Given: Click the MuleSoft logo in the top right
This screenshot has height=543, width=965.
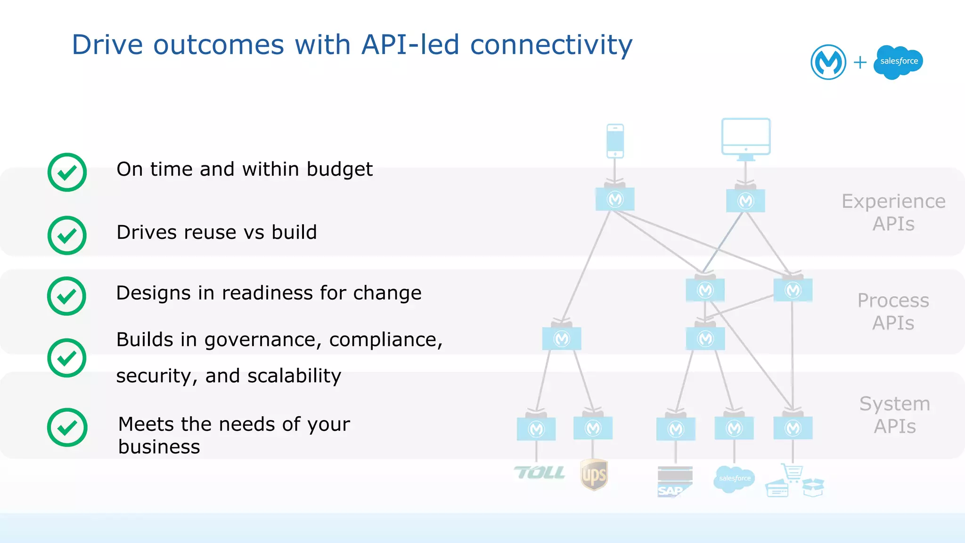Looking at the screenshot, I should tap(828, 62).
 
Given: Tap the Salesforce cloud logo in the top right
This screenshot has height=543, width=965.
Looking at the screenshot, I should tap(898, 62).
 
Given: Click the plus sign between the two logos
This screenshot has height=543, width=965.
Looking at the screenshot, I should tap(860, 62).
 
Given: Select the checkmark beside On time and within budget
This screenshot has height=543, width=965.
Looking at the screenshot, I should tap(67, 172).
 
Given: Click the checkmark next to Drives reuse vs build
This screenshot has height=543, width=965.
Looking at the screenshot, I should tap(67, 235).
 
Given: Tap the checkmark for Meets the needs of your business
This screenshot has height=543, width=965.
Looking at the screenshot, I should tap(67, 427).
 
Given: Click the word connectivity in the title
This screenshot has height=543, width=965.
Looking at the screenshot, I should tap(551, 45).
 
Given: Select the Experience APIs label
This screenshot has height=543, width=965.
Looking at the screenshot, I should tap(893, 212).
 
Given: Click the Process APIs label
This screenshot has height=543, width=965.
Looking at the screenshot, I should tap(893, 311).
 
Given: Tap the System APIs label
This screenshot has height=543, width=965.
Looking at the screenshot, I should tap(894, 414).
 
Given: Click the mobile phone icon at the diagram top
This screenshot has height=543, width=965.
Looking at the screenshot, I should tap(615, 141).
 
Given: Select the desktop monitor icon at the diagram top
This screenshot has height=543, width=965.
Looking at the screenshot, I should tap(746, 138).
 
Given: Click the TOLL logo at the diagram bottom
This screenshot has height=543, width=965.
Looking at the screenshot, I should tap(540, 472).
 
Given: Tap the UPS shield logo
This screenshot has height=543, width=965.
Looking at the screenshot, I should tap(594, 475).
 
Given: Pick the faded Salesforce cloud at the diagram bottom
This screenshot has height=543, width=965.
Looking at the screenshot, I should tap(734, 478).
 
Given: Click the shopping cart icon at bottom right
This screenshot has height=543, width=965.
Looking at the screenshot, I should tap(792, 472).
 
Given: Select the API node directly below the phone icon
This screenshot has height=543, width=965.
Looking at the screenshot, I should tap(615, 199).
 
